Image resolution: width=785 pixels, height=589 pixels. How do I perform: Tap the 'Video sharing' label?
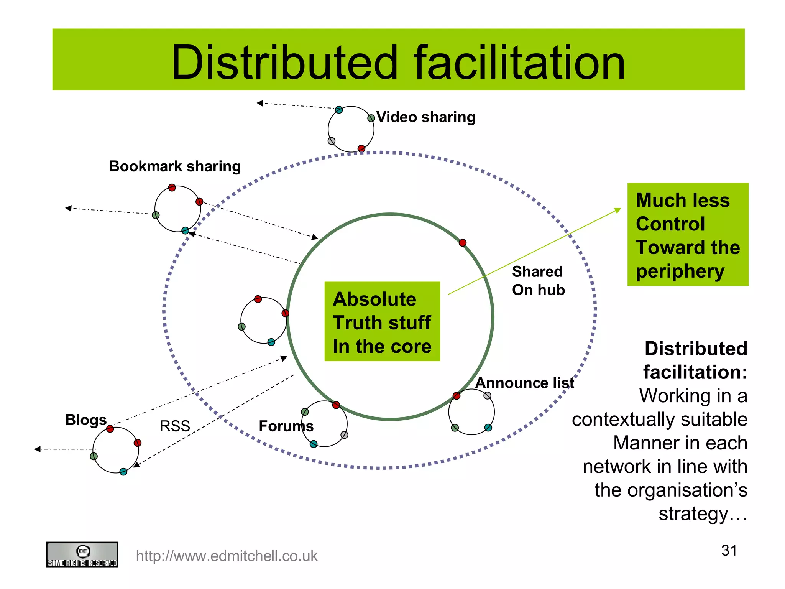tap(425, 117)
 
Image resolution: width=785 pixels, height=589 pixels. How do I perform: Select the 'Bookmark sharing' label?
tap(175, 166)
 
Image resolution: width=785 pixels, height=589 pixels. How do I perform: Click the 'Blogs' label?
tap(86, 420)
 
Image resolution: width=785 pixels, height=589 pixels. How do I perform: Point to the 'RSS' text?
tap(175, 426)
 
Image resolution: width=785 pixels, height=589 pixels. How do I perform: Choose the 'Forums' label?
tap(286, 426)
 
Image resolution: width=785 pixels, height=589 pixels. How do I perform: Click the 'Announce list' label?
tap(524, 383)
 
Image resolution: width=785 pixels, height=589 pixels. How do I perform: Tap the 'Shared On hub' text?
tap(538, 281)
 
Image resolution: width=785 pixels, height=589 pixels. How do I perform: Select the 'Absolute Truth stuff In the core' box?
tap(382, 322)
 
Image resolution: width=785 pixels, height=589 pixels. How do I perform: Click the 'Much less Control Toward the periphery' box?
tap(688, 235)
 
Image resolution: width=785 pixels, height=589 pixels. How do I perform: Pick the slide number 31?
tap(729, 551)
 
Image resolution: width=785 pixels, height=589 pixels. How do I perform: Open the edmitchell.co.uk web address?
tap(227, 556)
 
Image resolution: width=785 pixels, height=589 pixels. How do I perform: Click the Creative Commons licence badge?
tap(82, 554)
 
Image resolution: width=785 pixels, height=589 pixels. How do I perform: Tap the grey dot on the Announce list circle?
tap(487, 395)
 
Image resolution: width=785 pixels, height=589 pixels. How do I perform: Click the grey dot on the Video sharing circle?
tap(332, 141)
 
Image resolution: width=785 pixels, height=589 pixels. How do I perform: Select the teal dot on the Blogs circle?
tap(123, 472)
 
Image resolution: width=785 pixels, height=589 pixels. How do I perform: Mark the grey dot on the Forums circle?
tap(344, 435)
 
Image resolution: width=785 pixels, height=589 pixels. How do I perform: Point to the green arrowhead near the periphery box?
tap(617, 210)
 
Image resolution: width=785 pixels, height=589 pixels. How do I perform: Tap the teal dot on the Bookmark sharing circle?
tap(185, 230)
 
